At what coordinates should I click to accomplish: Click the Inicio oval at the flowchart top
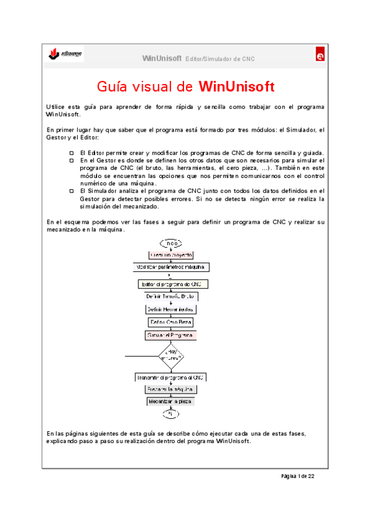pos(171,243)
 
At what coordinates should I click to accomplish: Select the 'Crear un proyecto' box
pos(171,255)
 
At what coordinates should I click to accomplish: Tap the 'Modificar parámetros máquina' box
pos(171,268)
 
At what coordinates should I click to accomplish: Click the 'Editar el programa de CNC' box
pos(171,284)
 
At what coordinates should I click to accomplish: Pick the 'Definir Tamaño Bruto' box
pos(171,297)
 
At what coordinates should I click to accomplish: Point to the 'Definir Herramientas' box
pos(171,309)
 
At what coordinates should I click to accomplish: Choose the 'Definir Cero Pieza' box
pos(171,322)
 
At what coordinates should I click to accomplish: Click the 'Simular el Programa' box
pos(171,335)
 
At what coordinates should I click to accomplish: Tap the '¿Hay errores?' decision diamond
pos(171,357)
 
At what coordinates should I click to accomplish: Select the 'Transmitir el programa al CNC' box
pos(171,377)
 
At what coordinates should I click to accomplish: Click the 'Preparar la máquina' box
pos(171,389)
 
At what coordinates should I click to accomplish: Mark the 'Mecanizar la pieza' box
pos(171,401)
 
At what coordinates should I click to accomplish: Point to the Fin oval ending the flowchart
pos(171,413)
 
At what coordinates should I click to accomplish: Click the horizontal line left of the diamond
pos(140,357)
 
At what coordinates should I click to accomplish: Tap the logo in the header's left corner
pos(65,55)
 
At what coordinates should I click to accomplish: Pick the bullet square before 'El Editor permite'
pos(72,153)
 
